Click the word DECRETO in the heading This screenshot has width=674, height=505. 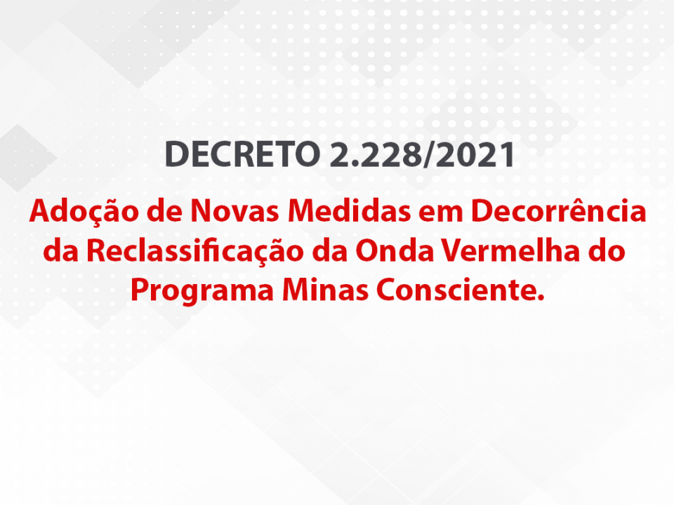coord(242,154)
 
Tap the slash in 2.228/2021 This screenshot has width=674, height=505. coord(429,154)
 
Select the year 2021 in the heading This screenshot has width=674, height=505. coord(475,154)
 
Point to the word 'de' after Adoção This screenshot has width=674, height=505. coord(164,211)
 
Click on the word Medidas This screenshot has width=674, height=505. coord(349,210)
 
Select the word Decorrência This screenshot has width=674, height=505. coord(559,210)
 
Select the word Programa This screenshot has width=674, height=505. coord(202,291)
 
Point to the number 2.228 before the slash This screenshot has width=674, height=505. coord(376,154)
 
